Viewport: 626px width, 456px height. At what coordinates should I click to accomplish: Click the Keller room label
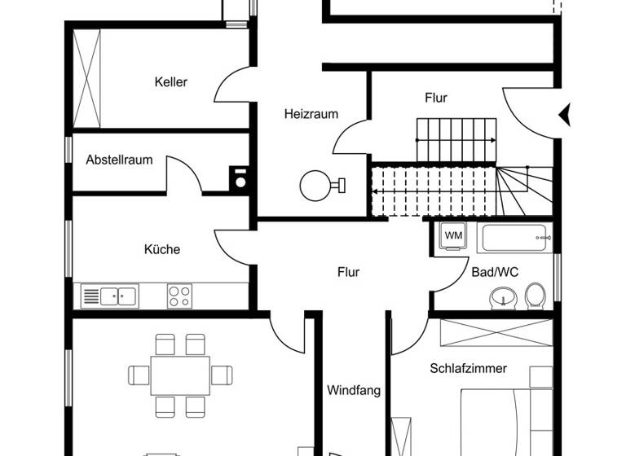(x=171, y=81)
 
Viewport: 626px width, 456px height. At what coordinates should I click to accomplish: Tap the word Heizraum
(x=311, y=114)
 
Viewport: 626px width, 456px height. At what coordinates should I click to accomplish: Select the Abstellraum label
(x=119, y=160)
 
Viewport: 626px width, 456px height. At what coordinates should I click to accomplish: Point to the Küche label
(x=162, y=249)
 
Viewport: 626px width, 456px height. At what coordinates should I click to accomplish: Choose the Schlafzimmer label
(x=468, y=368)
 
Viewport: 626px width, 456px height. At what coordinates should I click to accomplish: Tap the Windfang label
(x=354, y=390)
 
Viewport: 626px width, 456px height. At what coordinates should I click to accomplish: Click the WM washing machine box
(x=453, y=236)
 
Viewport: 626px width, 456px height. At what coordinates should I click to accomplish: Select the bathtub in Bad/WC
(x=517, y=238)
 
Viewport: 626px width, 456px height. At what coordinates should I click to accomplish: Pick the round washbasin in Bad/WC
(x=501, y=299)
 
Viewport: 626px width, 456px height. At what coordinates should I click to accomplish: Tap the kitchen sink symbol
(x=111, y=295)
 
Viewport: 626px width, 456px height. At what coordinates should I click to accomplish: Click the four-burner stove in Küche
(x=179, y=296)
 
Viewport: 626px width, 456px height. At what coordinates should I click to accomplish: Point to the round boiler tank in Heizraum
(x=315, y=186)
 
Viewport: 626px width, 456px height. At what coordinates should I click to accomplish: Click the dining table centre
(x=181, y=375)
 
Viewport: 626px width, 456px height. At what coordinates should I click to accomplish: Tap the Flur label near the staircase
(x=436, y=98)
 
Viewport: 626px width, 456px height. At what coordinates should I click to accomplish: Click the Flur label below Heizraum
(x=348, y=272)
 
